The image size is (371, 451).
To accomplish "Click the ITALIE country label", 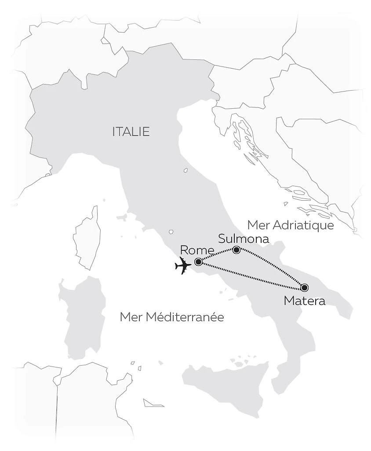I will pyautogui.click(x=131, y=132).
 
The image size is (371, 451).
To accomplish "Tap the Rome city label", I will pyautogui.click(x=196, y=250).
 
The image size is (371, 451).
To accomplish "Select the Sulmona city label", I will pyautogui.click(x=244, y=239).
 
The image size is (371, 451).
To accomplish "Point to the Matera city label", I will pyautogui.click(x=305, y=301).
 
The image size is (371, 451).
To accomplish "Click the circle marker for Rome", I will pyautogui.click(x=198, y=262).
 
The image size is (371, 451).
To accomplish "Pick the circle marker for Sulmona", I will pyautogui.click(x=236, y=250).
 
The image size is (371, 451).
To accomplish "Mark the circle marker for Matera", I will pyautogui.click(x=304, y=288).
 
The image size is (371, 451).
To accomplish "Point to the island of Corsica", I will pyautogui.click(x=87, y=238).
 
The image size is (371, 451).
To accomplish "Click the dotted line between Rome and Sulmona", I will pyautogui.click(x=218, y=255).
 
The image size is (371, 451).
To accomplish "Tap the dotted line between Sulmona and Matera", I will pyautogui.click(x=270, y=269).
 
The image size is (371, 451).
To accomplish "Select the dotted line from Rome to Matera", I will pyautogui.click(x=251, y=275).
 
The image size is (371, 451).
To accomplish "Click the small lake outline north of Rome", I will pyautogui.click(x=171, y=231).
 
